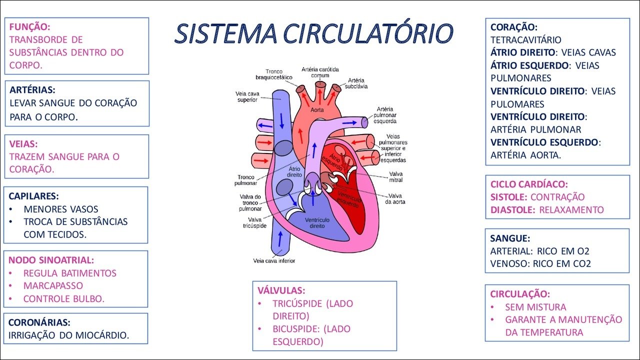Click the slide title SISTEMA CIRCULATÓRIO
pos(313,33)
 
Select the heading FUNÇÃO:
pos(29,26)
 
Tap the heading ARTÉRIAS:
pos(32,90)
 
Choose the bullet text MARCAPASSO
pos(53,286)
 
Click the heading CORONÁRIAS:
pos(39,322)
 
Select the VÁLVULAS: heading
pos(281,290)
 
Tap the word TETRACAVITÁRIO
pos(526,39)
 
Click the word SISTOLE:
pos(509,197)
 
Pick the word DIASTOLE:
pos(513,209)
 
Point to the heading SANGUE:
pos(510,238)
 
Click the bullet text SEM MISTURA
pos(535,307)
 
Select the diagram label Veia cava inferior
pos(274,260)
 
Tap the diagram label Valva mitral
pos(395,177)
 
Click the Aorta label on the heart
pos(317,109)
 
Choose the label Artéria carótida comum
pos(320,72)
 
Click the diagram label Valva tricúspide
pos(254,222)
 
